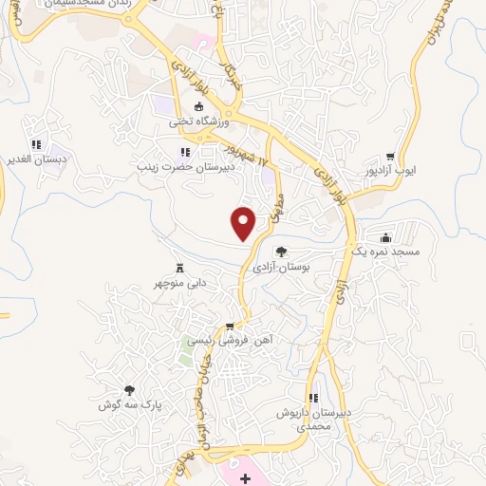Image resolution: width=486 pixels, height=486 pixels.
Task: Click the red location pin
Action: (x=244, y=222)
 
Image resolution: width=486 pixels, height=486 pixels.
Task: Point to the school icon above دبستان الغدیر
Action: (x=36, y=144)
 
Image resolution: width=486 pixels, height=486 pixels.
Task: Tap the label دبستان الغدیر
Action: (x=37, y=159)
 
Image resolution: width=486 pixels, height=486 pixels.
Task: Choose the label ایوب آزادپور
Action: (x=391, y=172)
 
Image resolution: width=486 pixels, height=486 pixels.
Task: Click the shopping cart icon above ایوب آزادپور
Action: (x=390, y=157)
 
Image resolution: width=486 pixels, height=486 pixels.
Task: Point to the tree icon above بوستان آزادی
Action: (x=281, y=252)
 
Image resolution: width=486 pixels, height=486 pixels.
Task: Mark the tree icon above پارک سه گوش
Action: (x=130, y=389)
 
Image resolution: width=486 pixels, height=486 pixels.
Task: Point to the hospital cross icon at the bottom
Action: (x=246, y=478)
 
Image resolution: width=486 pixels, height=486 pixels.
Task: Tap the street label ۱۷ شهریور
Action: (x=243, y=154)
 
